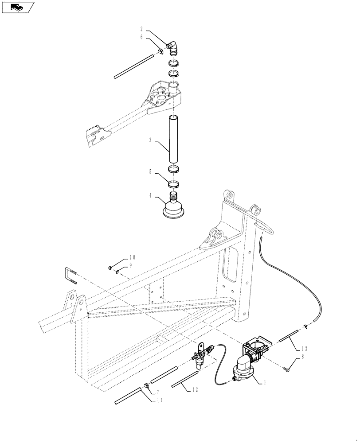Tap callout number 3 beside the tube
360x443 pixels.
(x=152, y=141)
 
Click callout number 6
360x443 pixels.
(x=141, y=37)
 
